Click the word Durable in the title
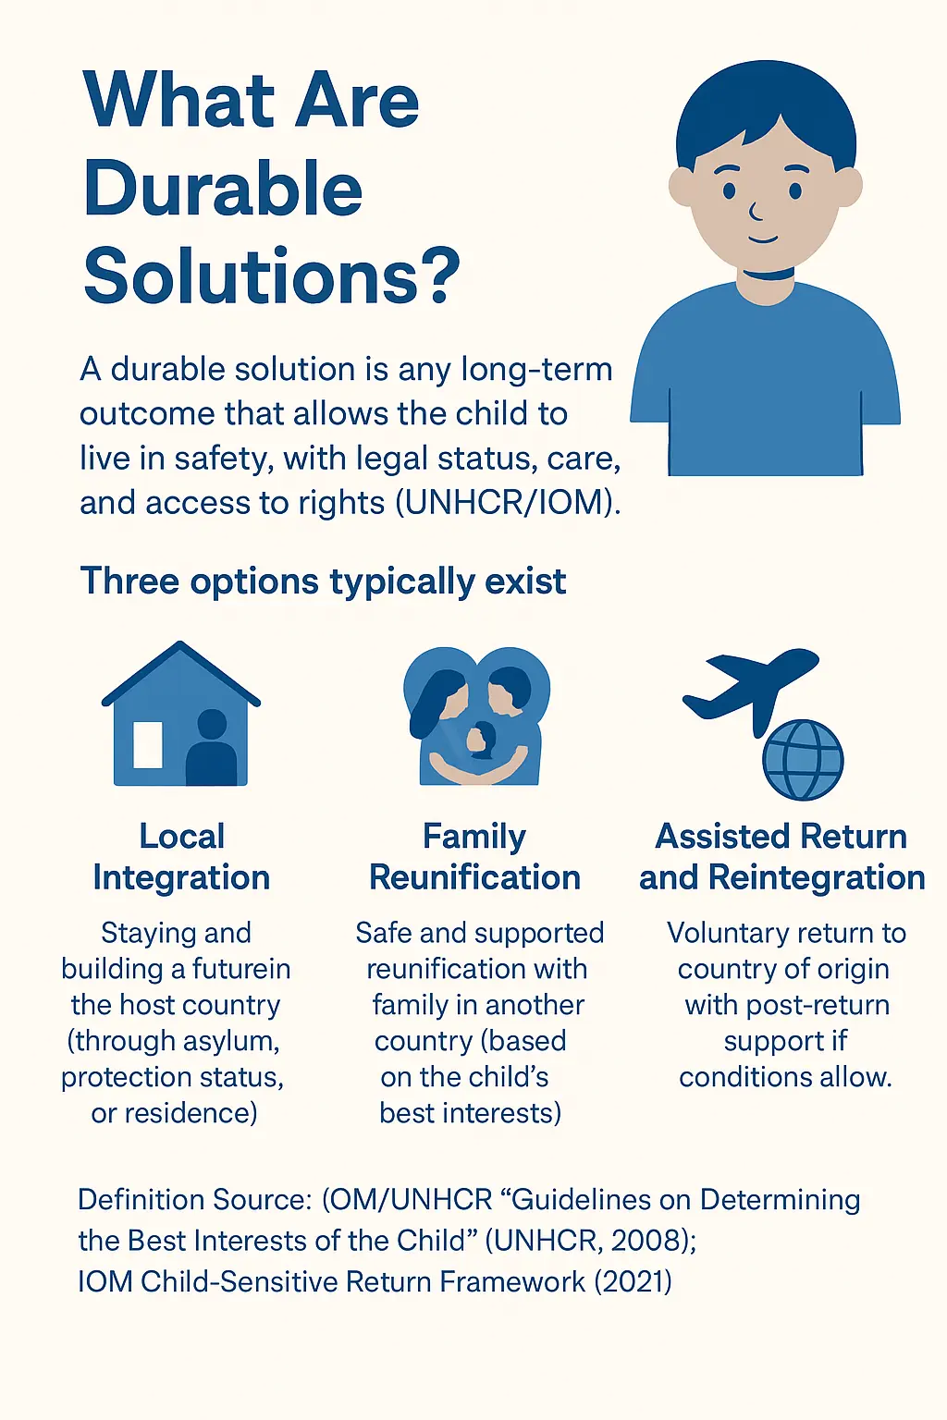point(223,189)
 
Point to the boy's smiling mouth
point(763,239)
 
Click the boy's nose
point(755,212)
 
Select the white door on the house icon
point(148,745)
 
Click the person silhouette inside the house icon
point(211,747)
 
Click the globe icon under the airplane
point(803,759)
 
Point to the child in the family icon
point(481,740)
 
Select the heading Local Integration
point(181,856)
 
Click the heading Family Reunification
point(474,856)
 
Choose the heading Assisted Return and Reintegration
point(781,856)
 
